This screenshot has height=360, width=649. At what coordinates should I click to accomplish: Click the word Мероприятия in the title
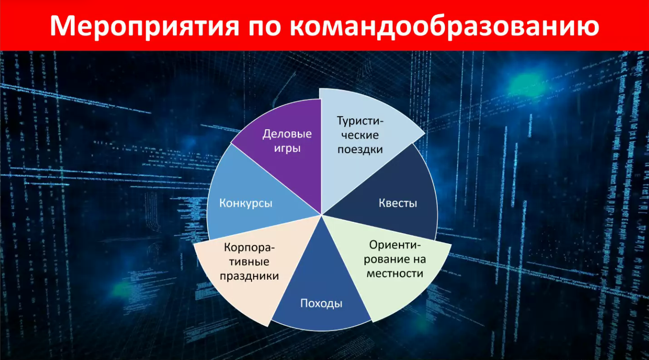point(144,26)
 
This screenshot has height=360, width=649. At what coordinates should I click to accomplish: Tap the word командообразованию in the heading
point(444,26)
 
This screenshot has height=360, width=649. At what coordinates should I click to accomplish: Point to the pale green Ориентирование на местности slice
point(394,266)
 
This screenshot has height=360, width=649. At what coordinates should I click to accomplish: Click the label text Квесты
point(398,203)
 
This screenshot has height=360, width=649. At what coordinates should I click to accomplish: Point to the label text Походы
point(321,303)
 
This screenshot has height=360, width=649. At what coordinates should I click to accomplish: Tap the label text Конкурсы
point(245,203)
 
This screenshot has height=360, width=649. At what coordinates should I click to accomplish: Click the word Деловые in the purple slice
point(287,134)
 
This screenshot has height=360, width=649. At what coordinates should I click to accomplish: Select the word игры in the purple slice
point(287,149)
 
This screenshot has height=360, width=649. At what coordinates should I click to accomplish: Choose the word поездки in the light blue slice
point(360,149)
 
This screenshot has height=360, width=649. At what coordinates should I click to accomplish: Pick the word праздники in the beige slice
point(249,276)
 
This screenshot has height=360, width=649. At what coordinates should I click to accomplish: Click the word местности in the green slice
point(395,274)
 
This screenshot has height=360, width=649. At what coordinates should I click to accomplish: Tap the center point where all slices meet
point(322,215)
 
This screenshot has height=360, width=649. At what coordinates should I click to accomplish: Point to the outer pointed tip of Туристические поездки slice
point(425,134)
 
